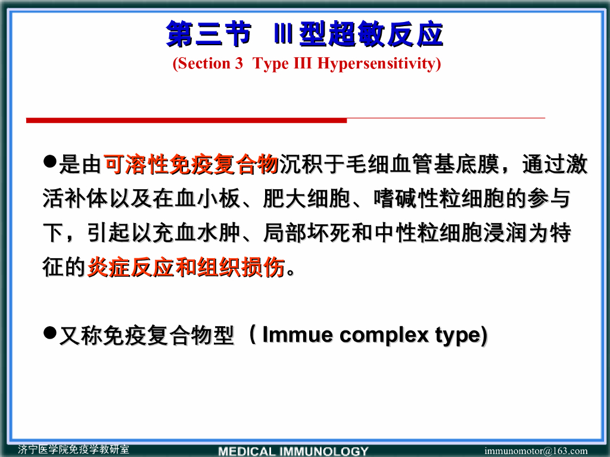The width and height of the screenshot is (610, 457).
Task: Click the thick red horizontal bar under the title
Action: tap(186, 121)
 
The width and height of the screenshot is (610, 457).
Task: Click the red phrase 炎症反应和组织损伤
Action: tap(186, 268)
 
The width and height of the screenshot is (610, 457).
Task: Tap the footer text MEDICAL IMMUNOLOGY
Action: tap(293, 451)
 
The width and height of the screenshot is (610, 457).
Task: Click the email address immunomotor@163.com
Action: tap(536, 451)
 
